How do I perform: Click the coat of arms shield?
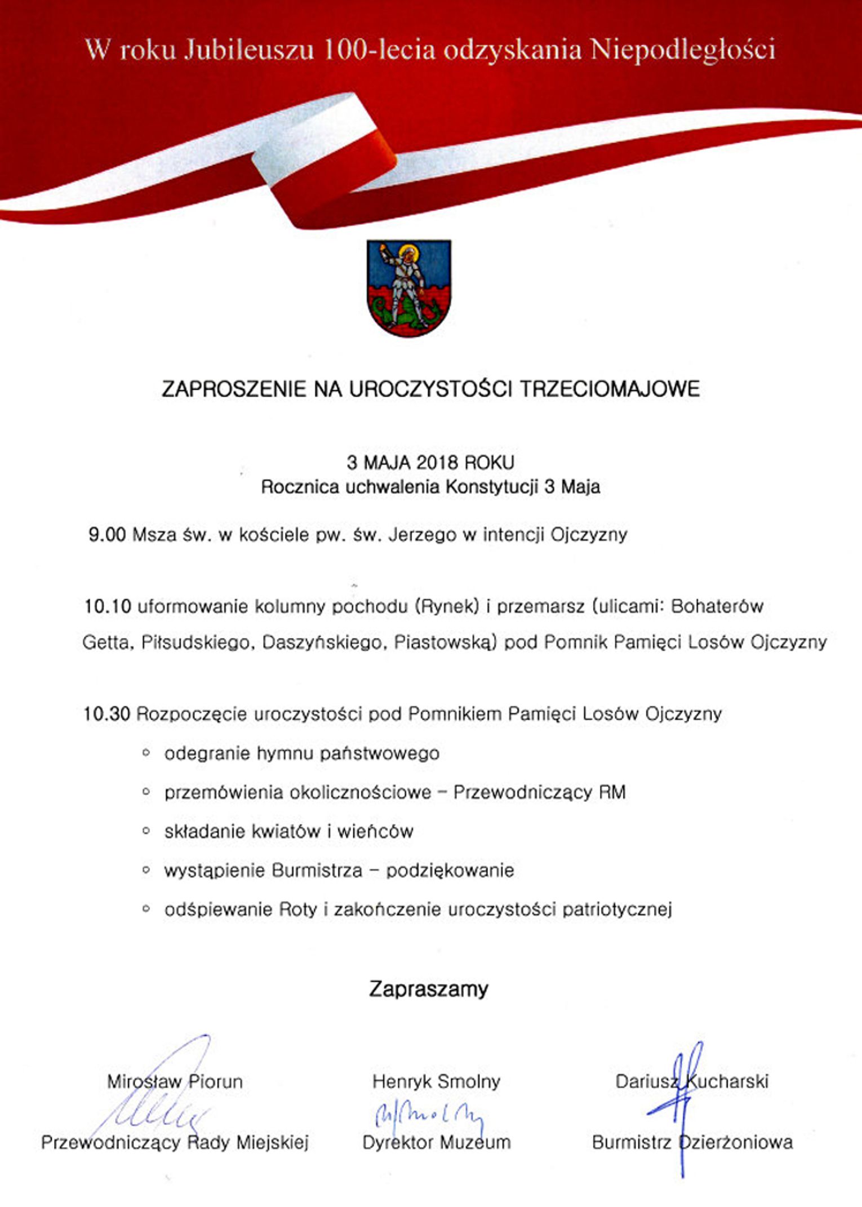(408, 288)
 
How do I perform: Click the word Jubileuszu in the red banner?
(249, 50)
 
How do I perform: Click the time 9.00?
(107, 534)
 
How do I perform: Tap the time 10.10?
(108, 606)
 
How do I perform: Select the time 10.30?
(107, 714)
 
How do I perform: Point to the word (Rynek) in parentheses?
(447, 606)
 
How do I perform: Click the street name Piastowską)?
(445, 642)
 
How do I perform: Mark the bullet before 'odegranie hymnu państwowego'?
(146, 753)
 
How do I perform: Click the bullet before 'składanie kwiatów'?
(146, 831)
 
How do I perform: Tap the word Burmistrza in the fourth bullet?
(317, 871)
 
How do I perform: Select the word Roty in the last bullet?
(298, 909)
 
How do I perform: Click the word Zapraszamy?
(429, 989)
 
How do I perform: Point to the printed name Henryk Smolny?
(436, 1081)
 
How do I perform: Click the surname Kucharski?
(727, 1081)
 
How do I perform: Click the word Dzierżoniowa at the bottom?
(735, 1142)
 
